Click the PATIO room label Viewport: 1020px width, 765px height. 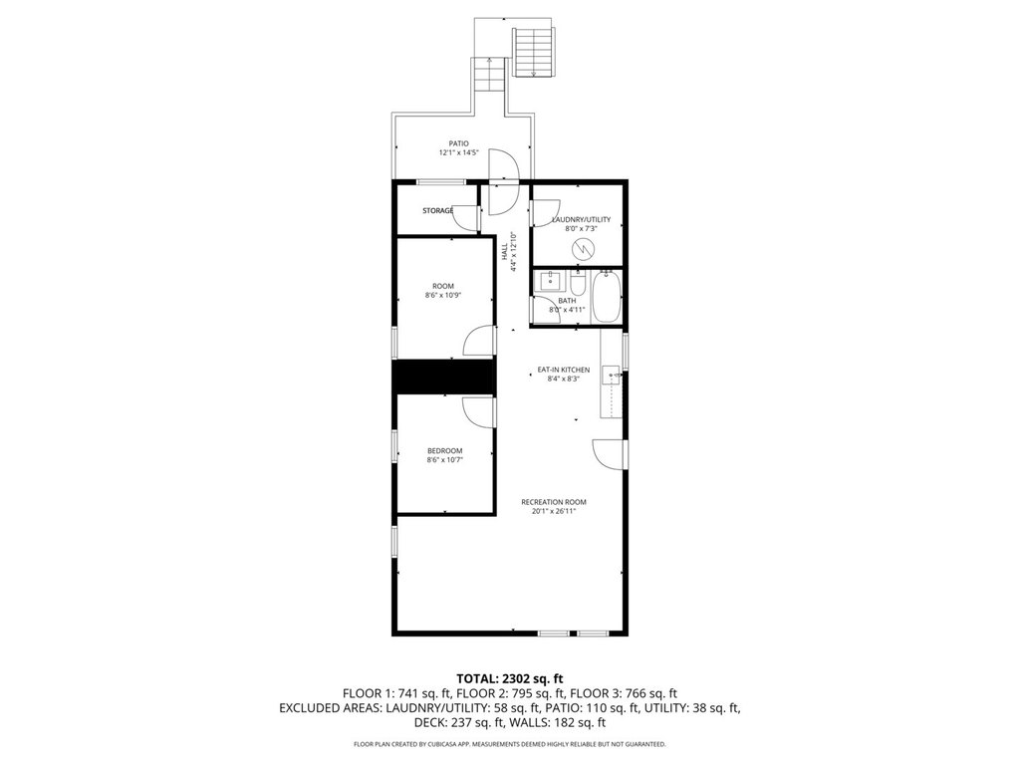(x=458, y=143)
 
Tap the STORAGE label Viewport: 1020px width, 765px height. (x=438, y=211)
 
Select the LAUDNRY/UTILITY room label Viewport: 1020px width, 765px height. (x=581, y=220)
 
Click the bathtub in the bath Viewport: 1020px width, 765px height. (x=607, y=297)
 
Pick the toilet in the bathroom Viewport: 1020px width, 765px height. (x=579, y=283)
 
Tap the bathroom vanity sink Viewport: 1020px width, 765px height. (x=550, y=282)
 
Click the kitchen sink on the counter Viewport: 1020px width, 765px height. (x=611, y=376)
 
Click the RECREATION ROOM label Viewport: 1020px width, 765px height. (x=554, y=502)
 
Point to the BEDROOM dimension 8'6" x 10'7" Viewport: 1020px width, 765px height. (x=445, y=460)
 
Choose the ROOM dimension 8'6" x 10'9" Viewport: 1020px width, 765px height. (x=443, y=295)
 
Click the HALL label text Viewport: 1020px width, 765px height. (x=504, y=252)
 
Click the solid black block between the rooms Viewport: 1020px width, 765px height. (x=443, y=377)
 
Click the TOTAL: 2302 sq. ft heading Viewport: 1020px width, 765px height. (x=509, y=679)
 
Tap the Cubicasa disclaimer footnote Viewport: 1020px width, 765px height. (x=509, y=744)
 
